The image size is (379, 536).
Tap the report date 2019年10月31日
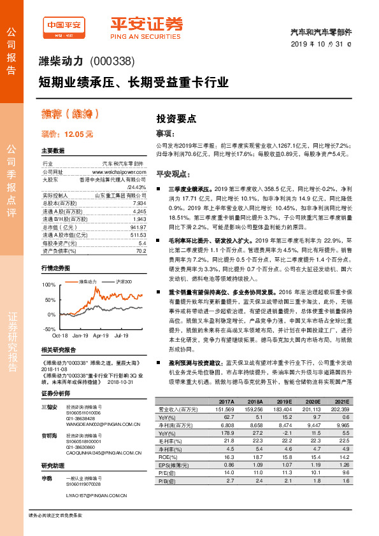coord(324,43)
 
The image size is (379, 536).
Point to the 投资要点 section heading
coord(176,118)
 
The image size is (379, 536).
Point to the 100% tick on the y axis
coord(49,284)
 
